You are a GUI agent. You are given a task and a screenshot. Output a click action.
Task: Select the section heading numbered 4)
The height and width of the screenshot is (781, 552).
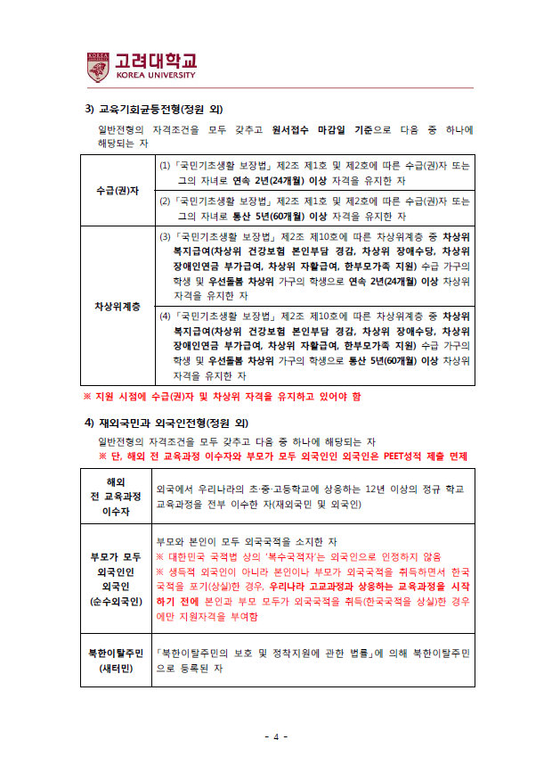tap(157, 422)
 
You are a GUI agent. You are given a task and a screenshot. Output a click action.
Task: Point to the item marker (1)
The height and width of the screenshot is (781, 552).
tap(165, 166)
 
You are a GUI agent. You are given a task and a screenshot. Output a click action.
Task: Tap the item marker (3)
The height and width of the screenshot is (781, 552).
tap(165, 237)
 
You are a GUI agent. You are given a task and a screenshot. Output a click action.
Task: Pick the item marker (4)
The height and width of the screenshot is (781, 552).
tap(165, 316)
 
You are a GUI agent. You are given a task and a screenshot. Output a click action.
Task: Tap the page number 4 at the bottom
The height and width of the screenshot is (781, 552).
tap(276, 736)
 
